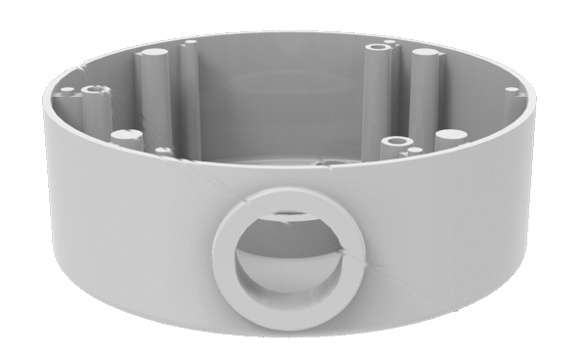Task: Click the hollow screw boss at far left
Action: click(x=95, y=90)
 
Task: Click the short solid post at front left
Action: click(x=121, y=137)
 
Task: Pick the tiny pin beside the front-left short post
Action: click(x=162, y=151)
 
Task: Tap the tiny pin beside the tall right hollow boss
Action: click(x=390, y=42)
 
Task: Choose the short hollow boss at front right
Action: click(x=396, y=143)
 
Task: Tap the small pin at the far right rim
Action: click(x=511, y=91)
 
